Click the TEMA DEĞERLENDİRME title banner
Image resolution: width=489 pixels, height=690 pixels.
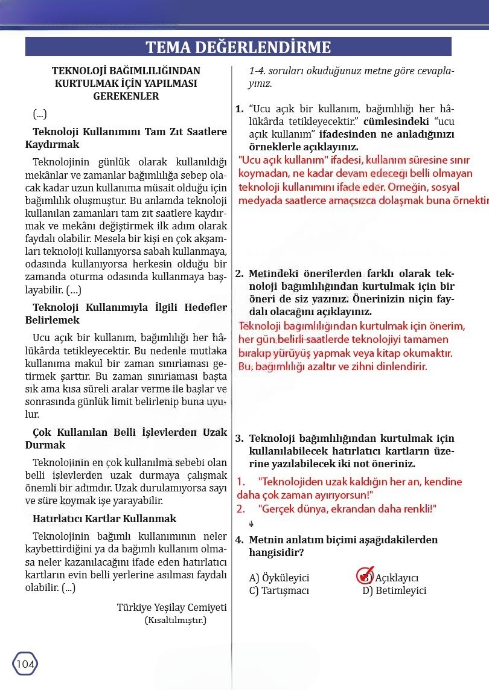coord(238,47)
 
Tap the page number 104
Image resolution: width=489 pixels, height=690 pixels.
coord(25,664)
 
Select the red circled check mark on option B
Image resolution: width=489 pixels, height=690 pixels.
coord(365,575)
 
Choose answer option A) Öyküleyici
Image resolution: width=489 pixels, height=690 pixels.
coord(279,578)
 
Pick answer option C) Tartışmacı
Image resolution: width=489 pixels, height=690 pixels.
coord(279,590)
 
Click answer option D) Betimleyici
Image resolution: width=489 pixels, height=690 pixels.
coord(394,590)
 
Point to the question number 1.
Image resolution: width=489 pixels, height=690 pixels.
coord(239,109)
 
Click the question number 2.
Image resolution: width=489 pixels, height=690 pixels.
coord(239,273)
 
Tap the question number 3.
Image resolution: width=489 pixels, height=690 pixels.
coord(239,439)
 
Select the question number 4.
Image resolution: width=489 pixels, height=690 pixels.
coord(239,540)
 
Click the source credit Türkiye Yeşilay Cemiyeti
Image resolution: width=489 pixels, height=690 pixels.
coord(171,607)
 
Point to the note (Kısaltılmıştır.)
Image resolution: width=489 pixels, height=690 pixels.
coord(175,620)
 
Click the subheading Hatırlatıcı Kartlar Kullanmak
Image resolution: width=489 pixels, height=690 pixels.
coord(104,519)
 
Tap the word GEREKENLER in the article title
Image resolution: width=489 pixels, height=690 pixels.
coord(126,96)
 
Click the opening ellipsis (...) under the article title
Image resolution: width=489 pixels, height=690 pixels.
coord(40,114)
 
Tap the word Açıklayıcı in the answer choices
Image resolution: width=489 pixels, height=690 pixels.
coord(397,578)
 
